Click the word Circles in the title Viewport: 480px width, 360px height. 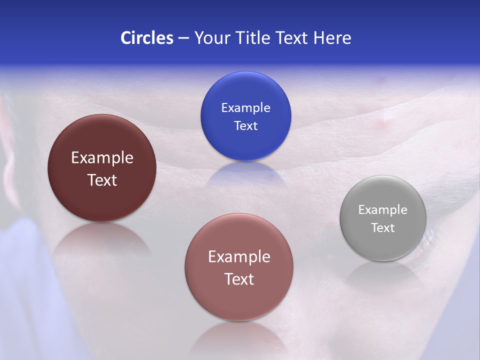pos(146,38)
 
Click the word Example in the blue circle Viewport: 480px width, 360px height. pos(245,108)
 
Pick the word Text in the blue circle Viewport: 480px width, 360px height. pos(245,126)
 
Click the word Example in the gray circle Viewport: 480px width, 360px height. pos(383,210)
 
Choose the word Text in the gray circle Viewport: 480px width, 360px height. pos(383,228)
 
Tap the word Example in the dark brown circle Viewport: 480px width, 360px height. pos(102,158)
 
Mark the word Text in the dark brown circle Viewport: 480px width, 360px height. pos(102,180)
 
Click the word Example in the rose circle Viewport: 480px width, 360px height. pos(239,257)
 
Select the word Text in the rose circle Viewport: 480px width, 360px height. pos(239,279)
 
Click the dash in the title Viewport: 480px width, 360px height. pos(183,38)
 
